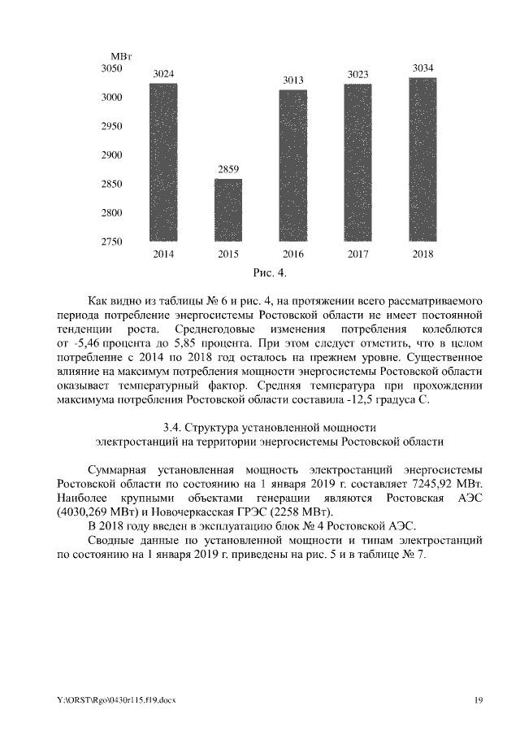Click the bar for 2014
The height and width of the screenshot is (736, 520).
(163, 162)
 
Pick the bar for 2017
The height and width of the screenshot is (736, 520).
(358, 163)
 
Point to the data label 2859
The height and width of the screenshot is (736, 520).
(228, 169)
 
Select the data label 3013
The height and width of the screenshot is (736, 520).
(293, 80)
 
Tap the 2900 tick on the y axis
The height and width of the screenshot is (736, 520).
(111, 155)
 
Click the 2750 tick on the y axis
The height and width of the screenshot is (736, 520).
(111, 242)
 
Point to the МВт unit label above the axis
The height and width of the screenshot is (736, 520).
(122, 54)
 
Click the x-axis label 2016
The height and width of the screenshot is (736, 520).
(293, 255)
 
